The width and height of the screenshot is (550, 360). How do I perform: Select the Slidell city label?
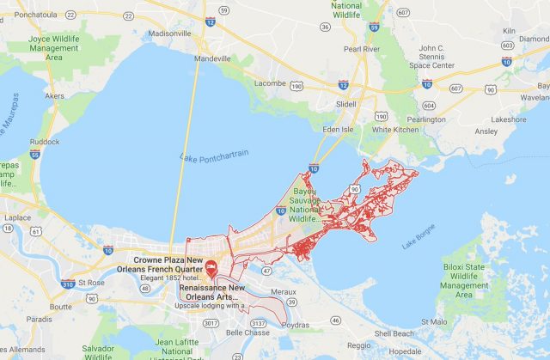(345, 103)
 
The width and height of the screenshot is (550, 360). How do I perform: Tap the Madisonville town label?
(170, 34)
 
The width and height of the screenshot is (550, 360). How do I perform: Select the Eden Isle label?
(338, 129)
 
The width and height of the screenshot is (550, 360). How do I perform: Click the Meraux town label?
(284, 292)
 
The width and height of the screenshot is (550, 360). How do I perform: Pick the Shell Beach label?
(393, 333)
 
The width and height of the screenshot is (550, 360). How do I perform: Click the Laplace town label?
(16, 217)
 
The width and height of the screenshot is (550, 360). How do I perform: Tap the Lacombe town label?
(272, 83)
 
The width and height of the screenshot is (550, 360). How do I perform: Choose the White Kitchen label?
(395, 129)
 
